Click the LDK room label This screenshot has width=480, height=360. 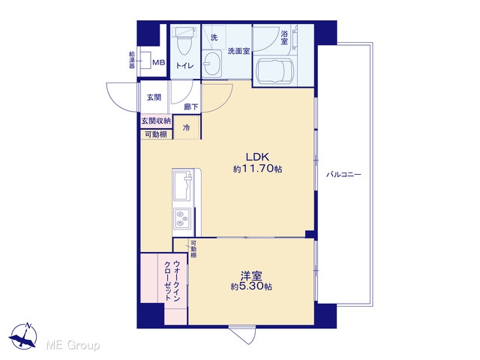(258, 157)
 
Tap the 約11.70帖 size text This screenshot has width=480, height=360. (257, 169)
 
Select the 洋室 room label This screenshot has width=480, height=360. (251, 276)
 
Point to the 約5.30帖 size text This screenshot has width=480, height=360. (251, 286)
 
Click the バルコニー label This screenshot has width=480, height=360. (343, 175)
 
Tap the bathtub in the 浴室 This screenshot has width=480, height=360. (274, 70)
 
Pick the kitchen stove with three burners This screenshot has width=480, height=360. (182, 218)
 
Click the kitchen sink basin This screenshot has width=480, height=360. (183, 186)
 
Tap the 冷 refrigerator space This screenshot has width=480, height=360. (187, 127)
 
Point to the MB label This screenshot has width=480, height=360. (159, 63)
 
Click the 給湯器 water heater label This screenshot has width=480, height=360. (132, 60)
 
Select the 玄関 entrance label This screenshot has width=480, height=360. (154, 97)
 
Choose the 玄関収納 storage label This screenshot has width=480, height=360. (156, 121)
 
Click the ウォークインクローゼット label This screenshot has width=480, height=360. (172, 280)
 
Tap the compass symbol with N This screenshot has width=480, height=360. (23, 336)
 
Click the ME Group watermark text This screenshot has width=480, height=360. (73, 346)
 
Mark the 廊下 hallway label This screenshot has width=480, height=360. (191, 106)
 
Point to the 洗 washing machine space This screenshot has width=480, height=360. (214, 37)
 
